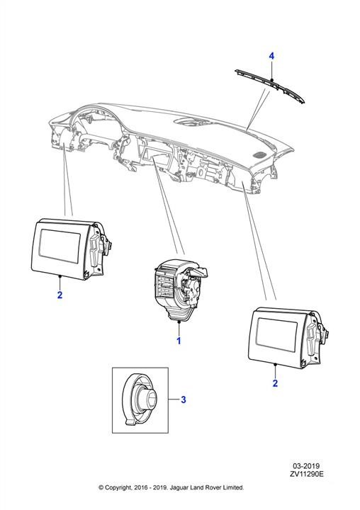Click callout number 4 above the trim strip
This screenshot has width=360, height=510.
(x=271, y=56)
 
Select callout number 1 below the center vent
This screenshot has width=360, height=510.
(x=179, y=341)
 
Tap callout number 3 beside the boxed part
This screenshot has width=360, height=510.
(x=184, y=399)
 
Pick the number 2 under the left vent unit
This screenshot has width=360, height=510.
(x=60, y=295)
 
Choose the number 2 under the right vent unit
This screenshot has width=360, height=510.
(x=275, y=383)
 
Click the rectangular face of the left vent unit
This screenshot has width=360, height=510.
(x=60, y=246)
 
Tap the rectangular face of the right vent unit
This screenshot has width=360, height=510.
(x=277, y=334)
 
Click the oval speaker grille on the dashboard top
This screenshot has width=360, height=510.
(x=259, y=154)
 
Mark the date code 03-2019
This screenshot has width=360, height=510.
(x=305, y=466)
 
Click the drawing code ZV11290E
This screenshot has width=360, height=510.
(x=307, y=474)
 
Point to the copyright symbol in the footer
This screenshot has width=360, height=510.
(x=101, y=487)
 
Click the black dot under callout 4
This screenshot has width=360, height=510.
(x=271, y=79)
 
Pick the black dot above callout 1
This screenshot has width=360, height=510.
(x=179, y=322)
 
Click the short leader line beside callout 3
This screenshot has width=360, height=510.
(x=174, y=399)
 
